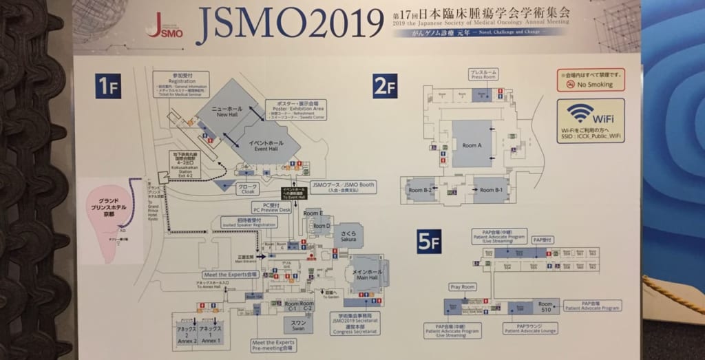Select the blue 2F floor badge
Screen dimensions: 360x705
pyautogui.click(x=386, y=86)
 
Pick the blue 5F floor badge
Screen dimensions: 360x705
pyautogui.click(x=428, y=242)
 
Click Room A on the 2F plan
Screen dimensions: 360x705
pyautogui.click(x=472, y=145)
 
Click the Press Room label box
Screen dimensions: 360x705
pyautogui.click(x=483, y=74)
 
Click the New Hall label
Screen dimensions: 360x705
pyautogui.click(x=227, y=113)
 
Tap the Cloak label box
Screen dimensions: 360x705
pyautogui.click(x=247, y=189)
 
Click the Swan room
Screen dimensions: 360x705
pyautogui.click(x=298, y=325)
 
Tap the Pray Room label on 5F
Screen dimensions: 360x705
pyautogui.click(x=463, y=286)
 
